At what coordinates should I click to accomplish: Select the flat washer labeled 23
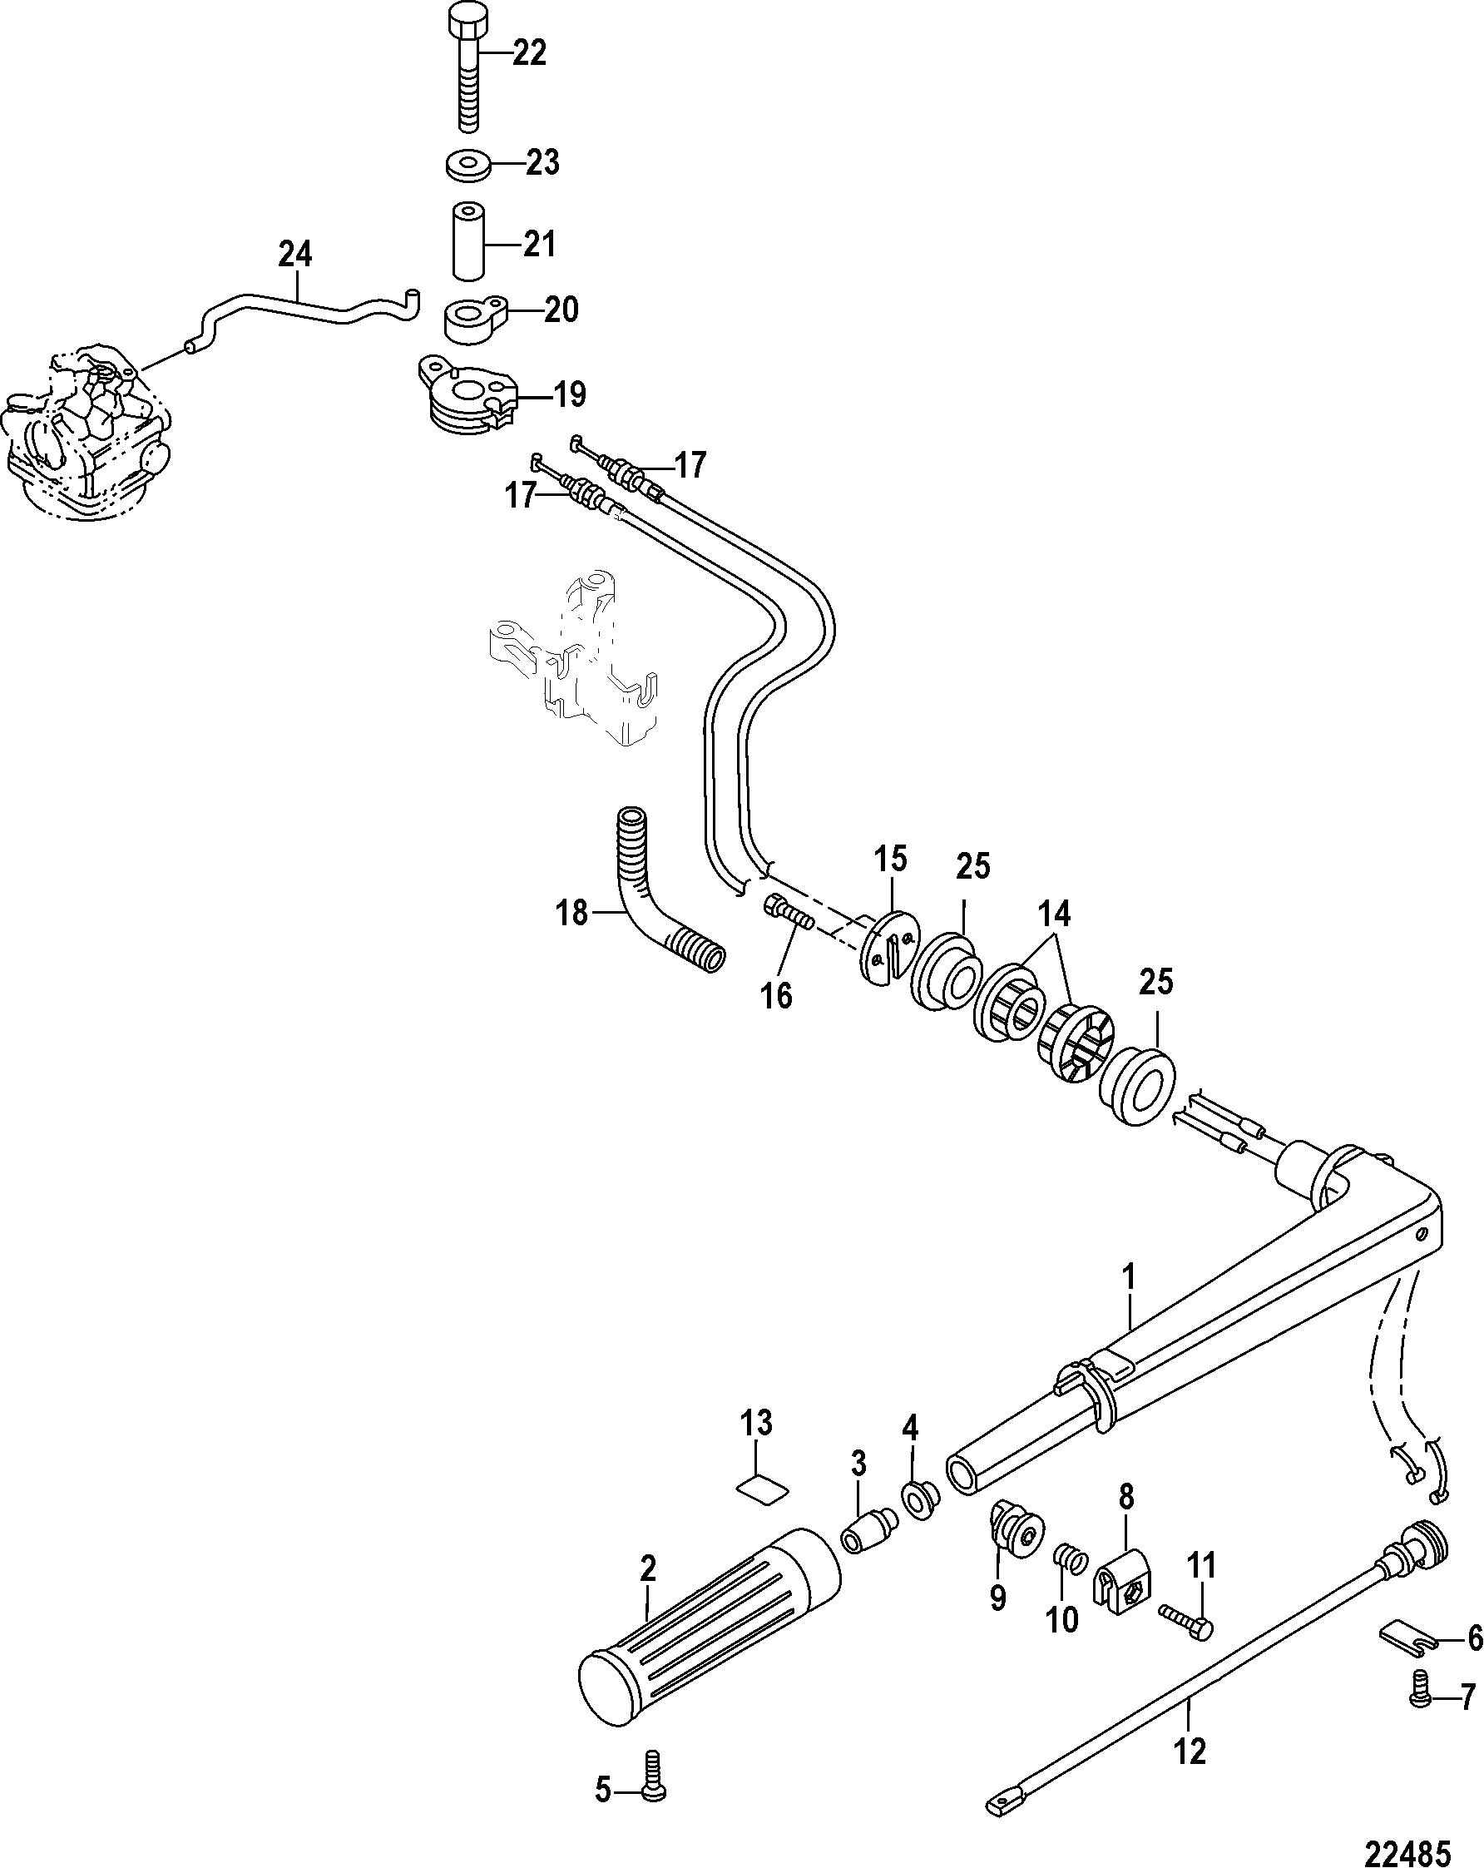[472, 164]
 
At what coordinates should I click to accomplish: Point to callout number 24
[295, 255]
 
